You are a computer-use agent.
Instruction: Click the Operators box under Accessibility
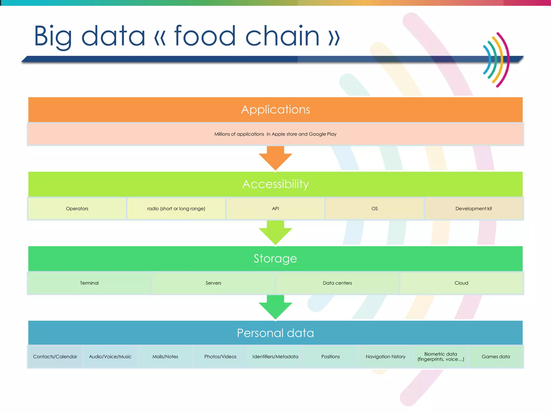point(77,209)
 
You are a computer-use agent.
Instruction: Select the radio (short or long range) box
point(176,209)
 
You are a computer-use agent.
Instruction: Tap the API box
point(275,209)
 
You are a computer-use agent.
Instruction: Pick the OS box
point(375,209)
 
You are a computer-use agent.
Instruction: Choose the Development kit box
point(474,209)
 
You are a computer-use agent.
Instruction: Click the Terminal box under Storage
point(89,283)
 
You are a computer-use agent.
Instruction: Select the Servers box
point(213,283)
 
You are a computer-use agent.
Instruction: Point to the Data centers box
point(337,283)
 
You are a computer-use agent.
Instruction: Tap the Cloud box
point(461,283)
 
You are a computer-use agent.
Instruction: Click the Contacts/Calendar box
point(55,357)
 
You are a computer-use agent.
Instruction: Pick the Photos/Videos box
point(220,357)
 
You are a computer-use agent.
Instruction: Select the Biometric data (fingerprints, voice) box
point(441,357)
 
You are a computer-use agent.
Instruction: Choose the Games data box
point(496,357)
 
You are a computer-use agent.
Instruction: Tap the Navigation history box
point(386,357)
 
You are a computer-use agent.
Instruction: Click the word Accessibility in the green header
point(275,184)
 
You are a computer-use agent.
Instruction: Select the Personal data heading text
point(275,333)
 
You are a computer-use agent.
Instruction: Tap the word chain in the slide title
point(282,36)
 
